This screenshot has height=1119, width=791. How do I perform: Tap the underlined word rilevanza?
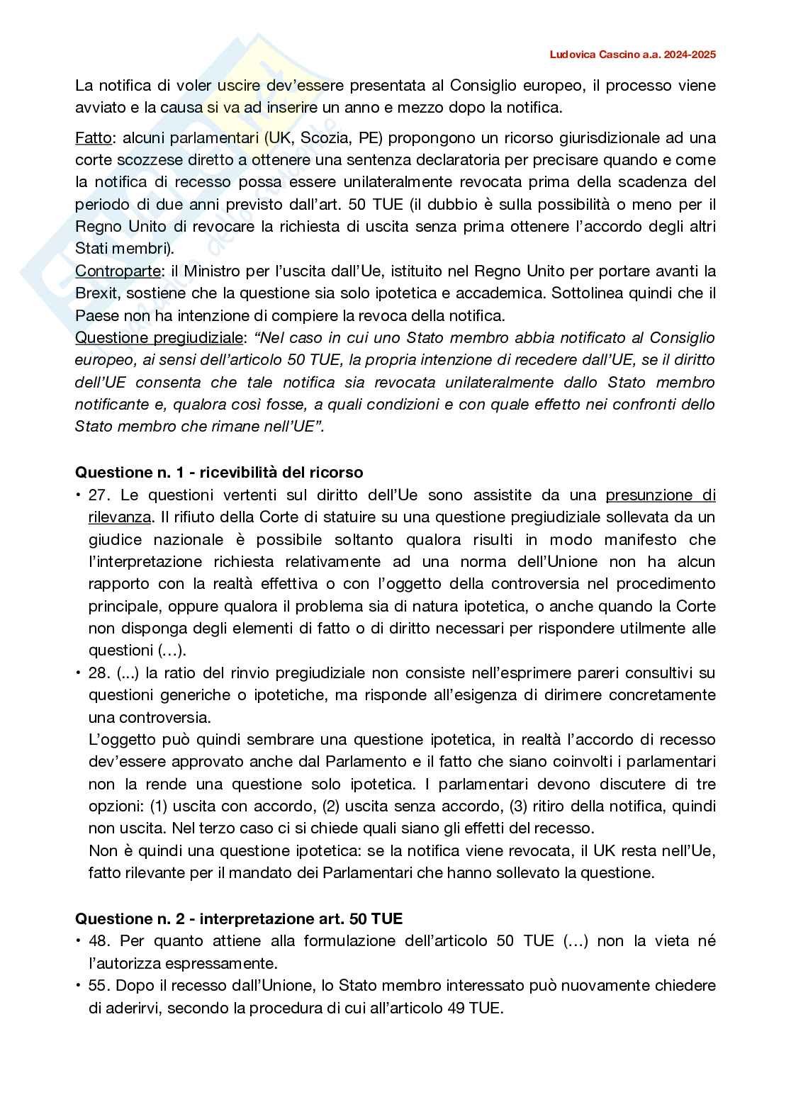[119, 517]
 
